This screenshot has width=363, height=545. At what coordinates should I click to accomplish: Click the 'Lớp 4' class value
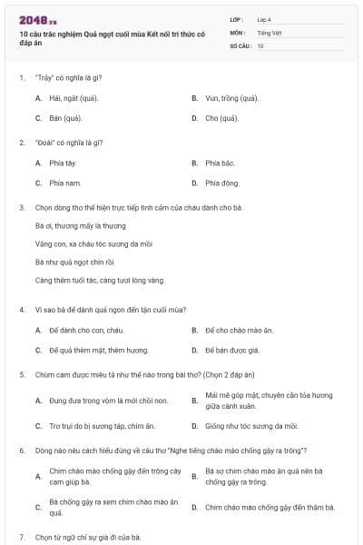click(x=264, y=19)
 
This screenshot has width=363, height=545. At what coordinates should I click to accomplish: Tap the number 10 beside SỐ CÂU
click(x=260, y=45)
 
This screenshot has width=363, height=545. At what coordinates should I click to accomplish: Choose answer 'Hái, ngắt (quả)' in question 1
click(x=74, y=97)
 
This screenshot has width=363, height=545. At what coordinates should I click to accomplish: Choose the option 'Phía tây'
click(x=63, y=163)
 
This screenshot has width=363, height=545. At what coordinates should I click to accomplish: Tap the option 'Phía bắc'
click(x=220, y=163)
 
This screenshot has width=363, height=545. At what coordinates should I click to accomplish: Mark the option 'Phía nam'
click(x=64, y=183)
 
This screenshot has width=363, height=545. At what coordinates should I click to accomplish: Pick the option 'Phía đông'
click(x=221, y=183)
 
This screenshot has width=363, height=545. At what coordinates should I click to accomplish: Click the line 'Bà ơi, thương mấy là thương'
click(x=80, y=225)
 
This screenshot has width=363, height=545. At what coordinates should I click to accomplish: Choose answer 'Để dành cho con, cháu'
click(x=85, y=330)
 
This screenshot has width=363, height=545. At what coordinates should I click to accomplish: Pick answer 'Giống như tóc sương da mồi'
click(x=251, y=425)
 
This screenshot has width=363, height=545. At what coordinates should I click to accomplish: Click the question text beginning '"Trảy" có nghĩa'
click(x=73, y=77)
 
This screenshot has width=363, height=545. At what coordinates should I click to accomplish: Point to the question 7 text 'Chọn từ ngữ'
click(x=88, y=537)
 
